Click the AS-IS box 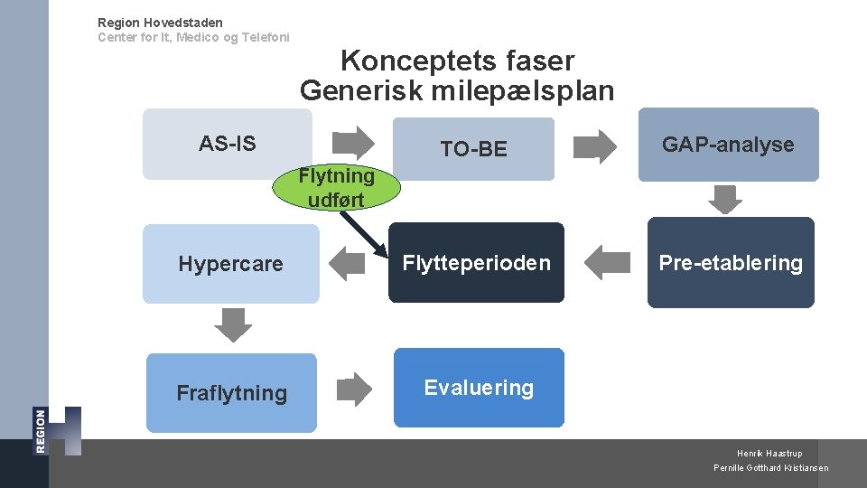228,145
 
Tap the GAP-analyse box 728,145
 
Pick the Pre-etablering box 730,263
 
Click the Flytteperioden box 476,263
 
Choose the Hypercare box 230,264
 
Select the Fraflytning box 231,393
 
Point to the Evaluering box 479,388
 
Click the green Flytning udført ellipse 336,187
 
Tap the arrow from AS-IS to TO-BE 355,143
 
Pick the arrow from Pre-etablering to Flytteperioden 606,263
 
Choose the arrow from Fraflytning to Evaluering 354,389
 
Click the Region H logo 58,431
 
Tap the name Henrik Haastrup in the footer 769,454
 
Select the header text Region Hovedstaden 160,23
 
